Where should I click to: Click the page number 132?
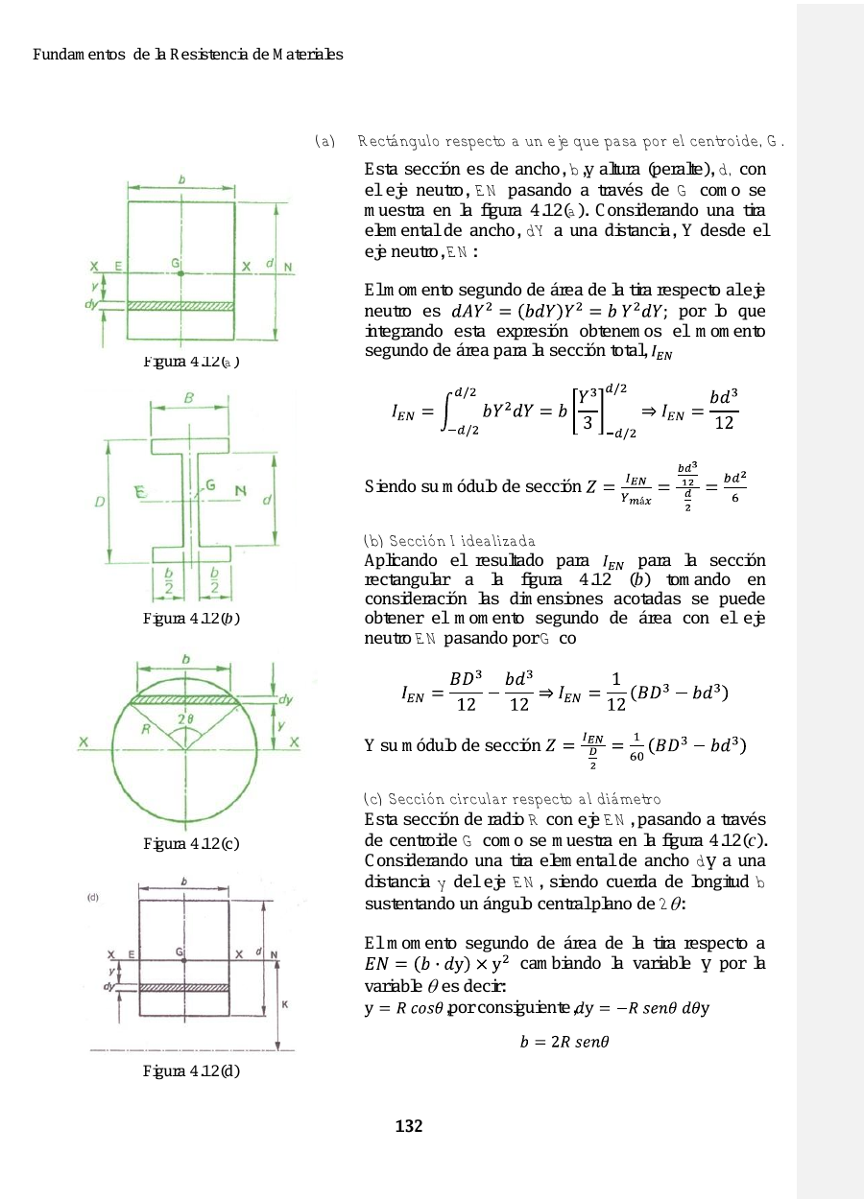coord(409,1126)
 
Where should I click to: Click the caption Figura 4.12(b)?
coord(190,617)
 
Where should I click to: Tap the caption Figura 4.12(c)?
coord(190,844)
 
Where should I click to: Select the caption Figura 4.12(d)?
coord(190,1070)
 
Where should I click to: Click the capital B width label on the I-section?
coord(191,397)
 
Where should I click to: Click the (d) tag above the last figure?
coord(93,898)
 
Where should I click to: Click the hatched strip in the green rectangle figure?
coord(181,306)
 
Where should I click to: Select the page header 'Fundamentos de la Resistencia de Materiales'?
coord(188,55)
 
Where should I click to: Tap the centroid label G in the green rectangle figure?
coord(176,262)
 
